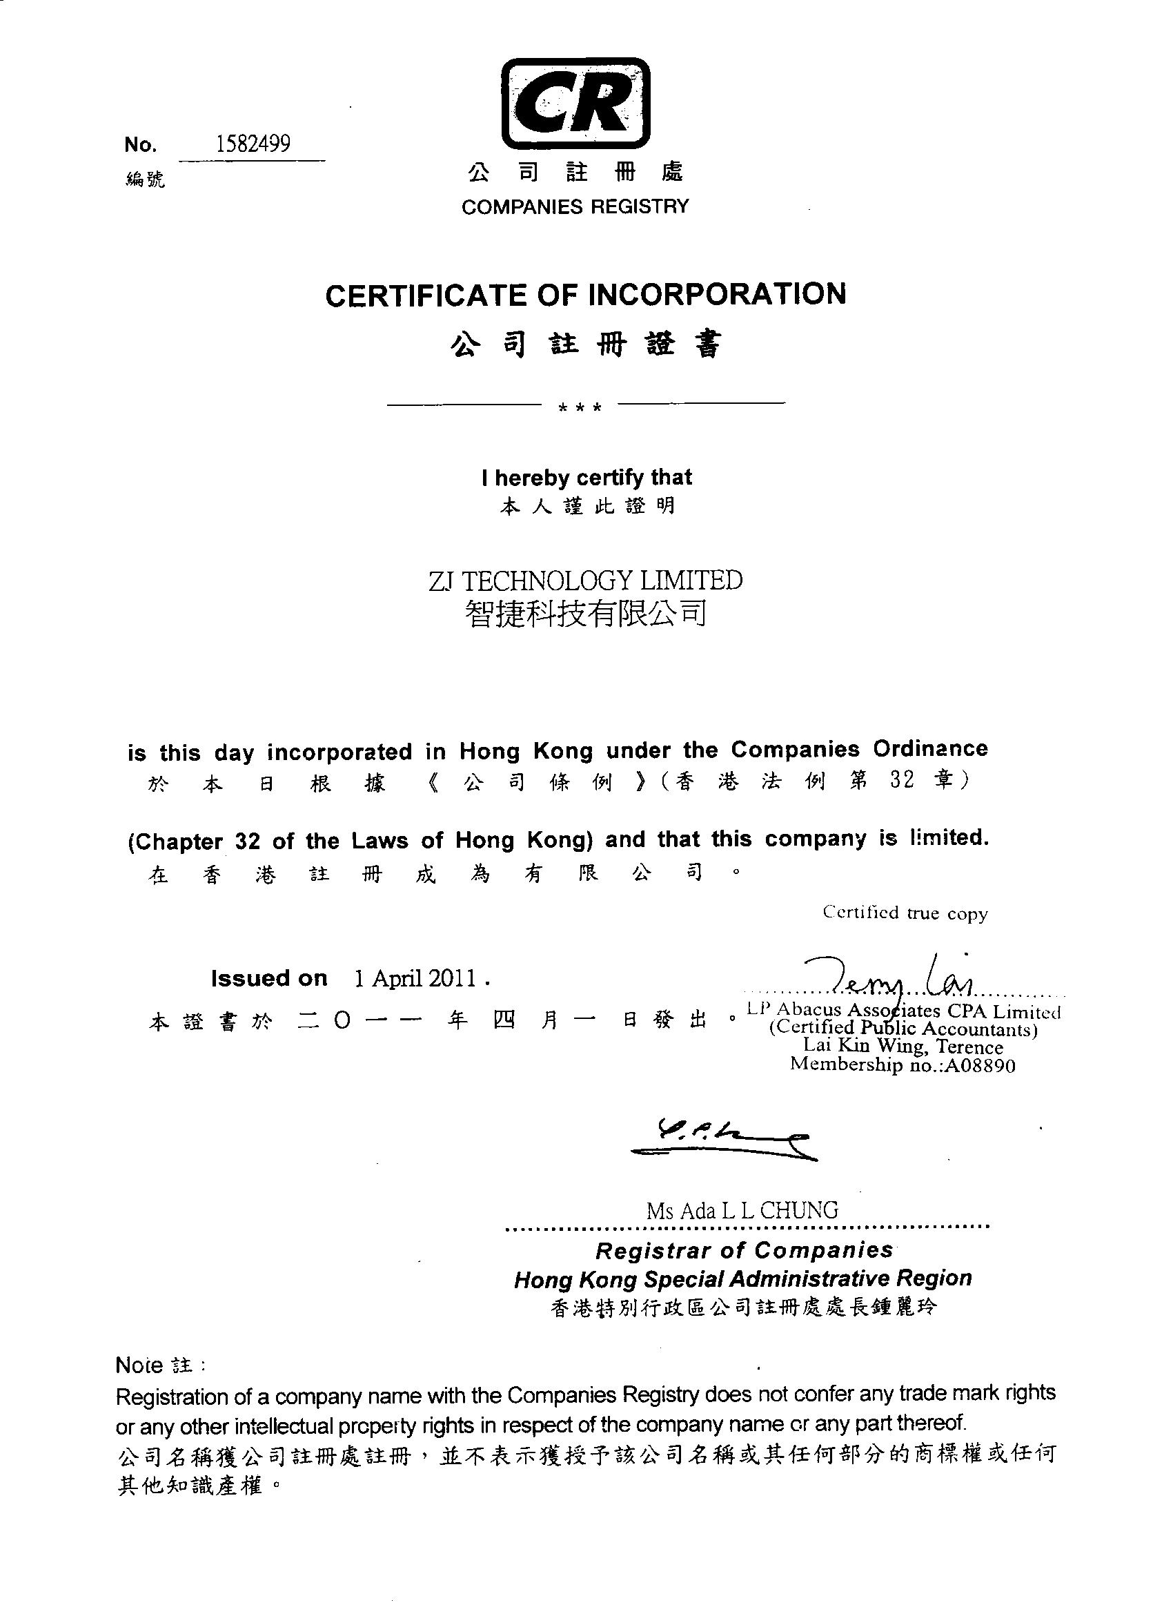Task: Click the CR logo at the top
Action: pyautogui.click(x=575, y=102)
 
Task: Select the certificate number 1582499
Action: pyautogui.click(x=253, y=144)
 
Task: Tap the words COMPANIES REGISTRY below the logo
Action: pyautogui.click(x=575, y=206)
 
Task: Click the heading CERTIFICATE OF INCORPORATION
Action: pyautogui.click(x=585, y=295)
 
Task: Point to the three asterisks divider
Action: pyautogui.click(x=581, y=408)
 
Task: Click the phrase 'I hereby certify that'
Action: pyautogui.click(x=586, y=478)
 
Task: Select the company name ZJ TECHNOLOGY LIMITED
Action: pyautogui.click(x=585, y=581)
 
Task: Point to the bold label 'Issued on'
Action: pyautogui.click(x=269, y=978)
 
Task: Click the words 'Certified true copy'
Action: pyautogui.click(x=905, y=913)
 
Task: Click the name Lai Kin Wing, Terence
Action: pyautogui.click(x=903, y=1046)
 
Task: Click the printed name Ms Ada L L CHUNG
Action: pyautogui.click(x=742, y=1211)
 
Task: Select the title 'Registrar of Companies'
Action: pyautogui.click(x=744, y=1250)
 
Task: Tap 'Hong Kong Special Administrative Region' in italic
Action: pyautogui.click(x=742, y=1278)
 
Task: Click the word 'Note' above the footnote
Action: pyautogui.click(x=139, y=1365)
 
